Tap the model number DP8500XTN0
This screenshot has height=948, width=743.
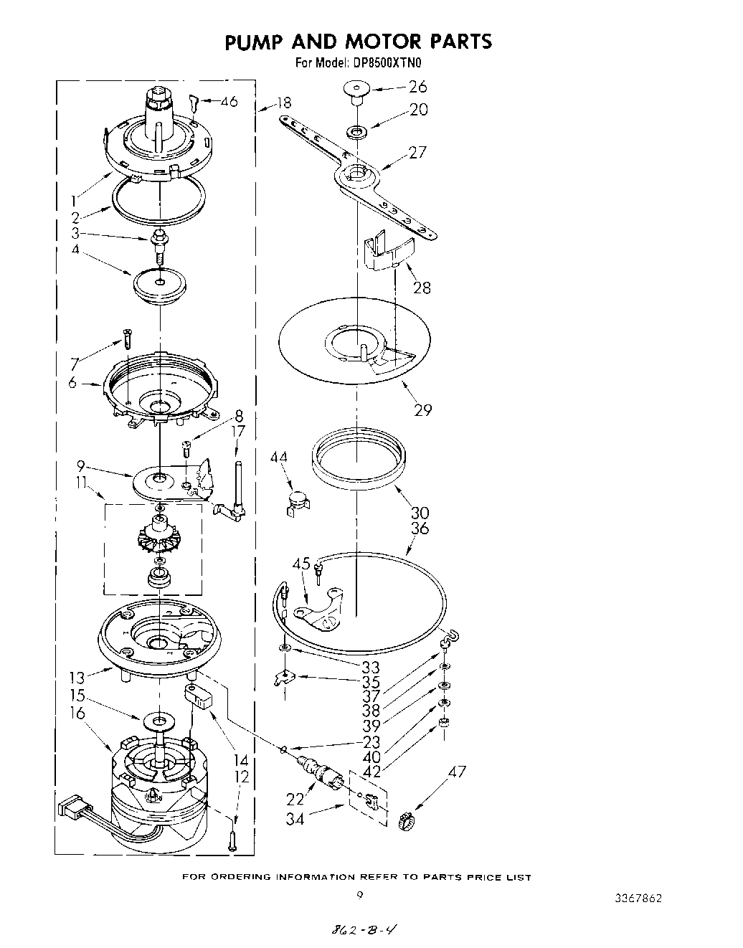[x=392, y=63]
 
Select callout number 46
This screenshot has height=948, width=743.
[x=229, y=101]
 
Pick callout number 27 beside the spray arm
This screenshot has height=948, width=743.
[x=417, y=152]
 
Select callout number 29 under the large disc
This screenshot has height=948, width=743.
[x=423, y=409]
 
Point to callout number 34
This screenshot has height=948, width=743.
[x=295, y=818]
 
